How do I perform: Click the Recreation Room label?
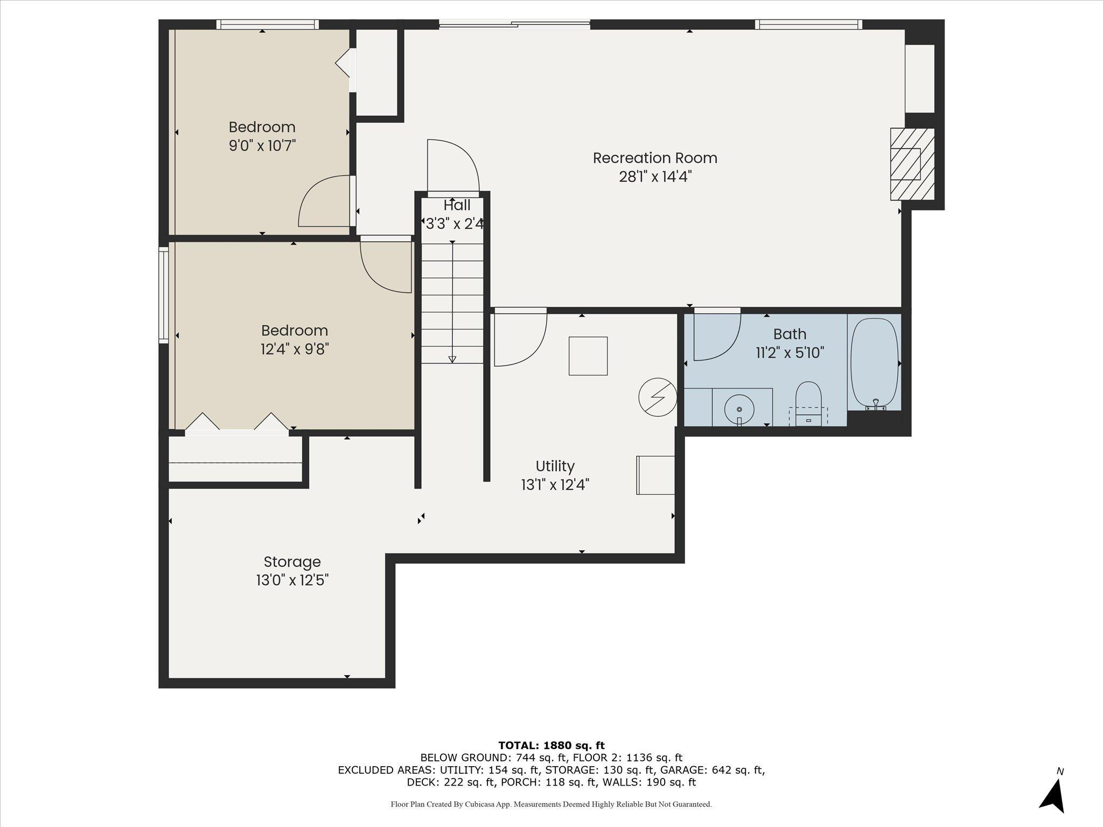(x=655, y=158)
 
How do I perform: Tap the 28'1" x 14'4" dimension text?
(x=655, y=177)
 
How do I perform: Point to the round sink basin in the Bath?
(x=739, y=409)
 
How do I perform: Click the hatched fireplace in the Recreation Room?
(x=912, y=164)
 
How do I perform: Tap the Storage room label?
(x=292, y=562)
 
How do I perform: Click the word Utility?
(x=555, y=466)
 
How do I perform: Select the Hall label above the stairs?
(x=457, y=205)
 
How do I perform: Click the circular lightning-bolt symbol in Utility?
(x=658, y=397)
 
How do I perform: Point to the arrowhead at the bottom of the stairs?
(x=452, y=359)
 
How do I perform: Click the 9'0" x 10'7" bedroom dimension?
(x=262, y=145)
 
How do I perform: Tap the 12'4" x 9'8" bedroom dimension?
(x=295, y=349)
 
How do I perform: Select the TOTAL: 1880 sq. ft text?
(x=551, y=745)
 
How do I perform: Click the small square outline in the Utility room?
(x=588, y=356)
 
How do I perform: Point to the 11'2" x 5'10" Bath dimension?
(x=790, y=353)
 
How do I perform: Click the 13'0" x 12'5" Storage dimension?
(x=292, y=580)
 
